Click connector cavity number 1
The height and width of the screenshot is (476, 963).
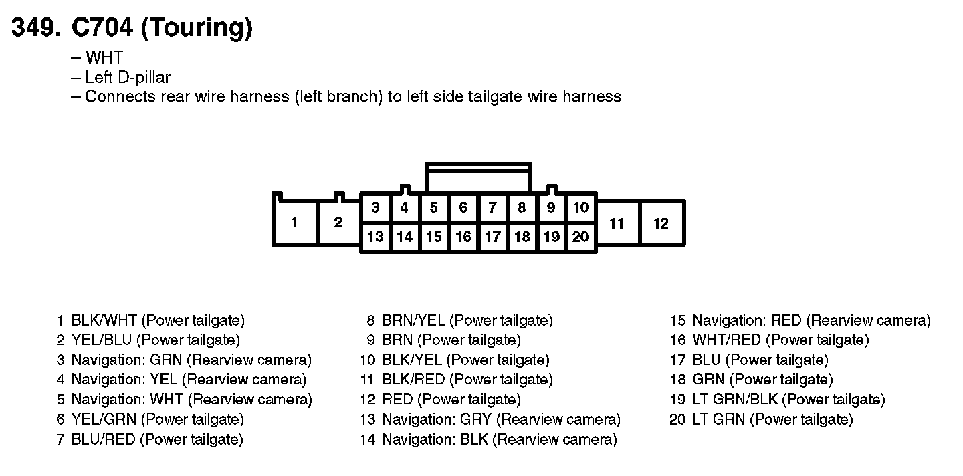click(294, 223)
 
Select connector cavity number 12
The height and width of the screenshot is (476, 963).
click(661, 223)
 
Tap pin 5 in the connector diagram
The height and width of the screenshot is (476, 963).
click(434, 208)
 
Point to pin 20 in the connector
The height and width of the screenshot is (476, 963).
click(580, 237)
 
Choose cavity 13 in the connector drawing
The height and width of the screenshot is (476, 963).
click(375, 237)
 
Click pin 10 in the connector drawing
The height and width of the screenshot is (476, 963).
click(580, 208)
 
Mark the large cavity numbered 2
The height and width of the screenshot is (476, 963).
click(338, 223)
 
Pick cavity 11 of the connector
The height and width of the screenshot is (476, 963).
click(617, 223)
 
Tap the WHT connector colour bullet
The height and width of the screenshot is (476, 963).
click(104, 57)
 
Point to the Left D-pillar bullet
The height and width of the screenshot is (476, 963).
click(127, 77)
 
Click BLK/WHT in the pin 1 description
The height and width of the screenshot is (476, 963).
click(104, 320)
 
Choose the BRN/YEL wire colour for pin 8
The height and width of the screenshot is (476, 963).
click(413, 320)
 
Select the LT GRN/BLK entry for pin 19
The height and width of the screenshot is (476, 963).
click(735, 400)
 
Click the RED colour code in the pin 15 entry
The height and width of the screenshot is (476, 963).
click(786, 320)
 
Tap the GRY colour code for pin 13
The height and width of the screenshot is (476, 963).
click(475, 420)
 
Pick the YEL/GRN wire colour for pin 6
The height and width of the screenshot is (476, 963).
click(104, 420)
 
